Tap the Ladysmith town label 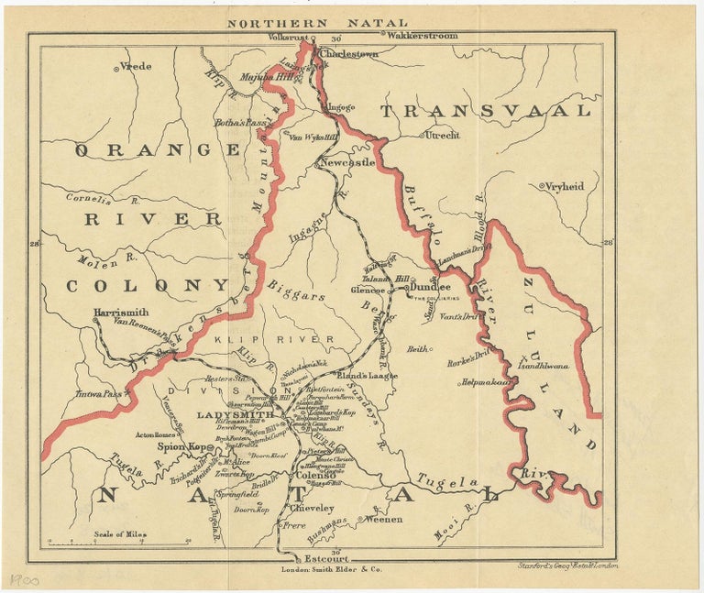(x=230, y=415)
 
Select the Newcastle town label (x=347, y=162)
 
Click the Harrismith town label (x=121, y=313)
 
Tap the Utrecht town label (x=440, y=135)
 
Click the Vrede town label (x=135, y=67)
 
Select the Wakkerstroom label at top (x=421, y=36)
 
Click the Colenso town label (x=318, y=476)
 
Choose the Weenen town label (x=384, y=520)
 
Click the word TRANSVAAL (x=485, y=111)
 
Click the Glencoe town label (x=368, y=290)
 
